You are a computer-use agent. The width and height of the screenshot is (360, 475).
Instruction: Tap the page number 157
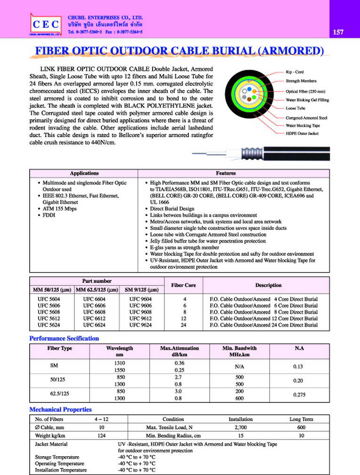coord(337,33)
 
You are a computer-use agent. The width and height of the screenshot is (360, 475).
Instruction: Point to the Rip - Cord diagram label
coord(295,72)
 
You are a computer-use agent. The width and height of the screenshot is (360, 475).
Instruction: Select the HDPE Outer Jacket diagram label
coord(302,134)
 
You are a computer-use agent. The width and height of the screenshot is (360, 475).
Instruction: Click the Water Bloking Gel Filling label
coord(307,100)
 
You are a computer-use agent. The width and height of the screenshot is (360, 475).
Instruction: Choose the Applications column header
coord(84,173)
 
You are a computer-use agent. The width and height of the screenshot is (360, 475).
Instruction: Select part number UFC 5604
coord(49,299)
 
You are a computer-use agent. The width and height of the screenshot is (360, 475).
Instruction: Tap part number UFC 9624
coord(140,325)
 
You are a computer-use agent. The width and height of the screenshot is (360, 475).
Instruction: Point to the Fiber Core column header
coord(183,285)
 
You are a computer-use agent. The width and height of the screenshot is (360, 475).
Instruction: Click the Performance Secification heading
coord(64,338)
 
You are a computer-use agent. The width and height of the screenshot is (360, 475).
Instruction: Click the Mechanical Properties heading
coord(60,409)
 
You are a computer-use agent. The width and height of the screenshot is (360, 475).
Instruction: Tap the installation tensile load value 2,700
coord(237,427)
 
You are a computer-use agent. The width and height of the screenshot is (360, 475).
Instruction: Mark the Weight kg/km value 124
coord(101,435)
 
